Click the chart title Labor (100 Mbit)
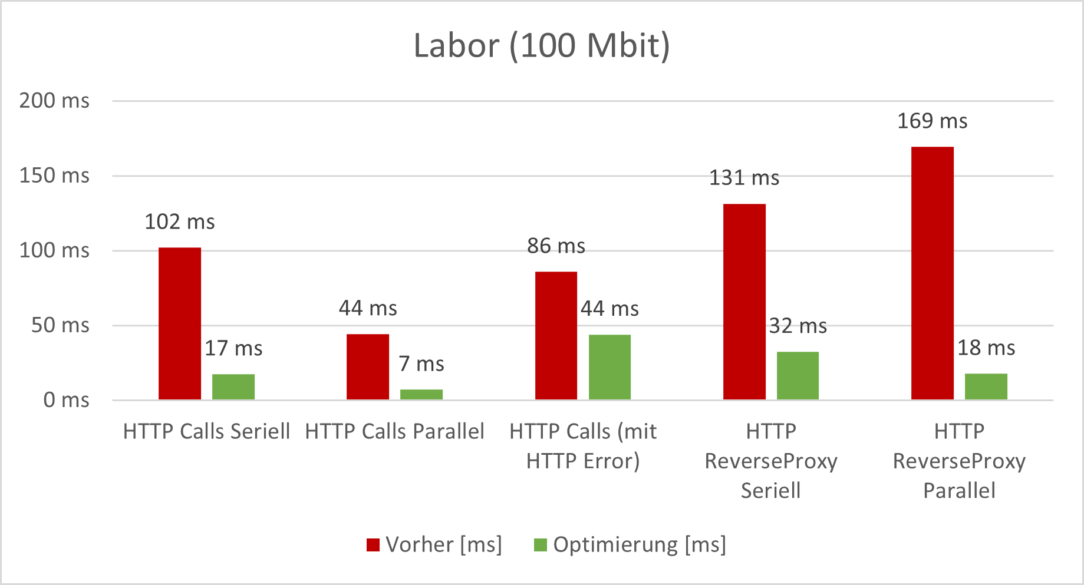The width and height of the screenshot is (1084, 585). (x=542, y=45)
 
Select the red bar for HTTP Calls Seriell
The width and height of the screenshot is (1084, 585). (x=180, y=323)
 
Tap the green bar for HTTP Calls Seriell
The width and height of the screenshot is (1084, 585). (x=233, y=386)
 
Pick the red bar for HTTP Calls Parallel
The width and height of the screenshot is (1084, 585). (x=368, y=366)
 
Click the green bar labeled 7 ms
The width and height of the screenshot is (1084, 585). (x=421, y=394)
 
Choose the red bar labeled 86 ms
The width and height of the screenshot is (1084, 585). (x=556, y=335)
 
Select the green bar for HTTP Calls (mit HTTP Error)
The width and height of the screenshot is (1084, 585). (x=609, y=366)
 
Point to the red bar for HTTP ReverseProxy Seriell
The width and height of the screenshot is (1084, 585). (x=744, y=302)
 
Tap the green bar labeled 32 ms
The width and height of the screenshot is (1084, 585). (x=798, y=375)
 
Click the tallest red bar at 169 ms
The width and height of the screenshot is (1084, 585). (x=933, y=273)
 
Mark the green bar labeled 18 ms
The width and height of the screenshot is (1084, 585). (x=986, y=386)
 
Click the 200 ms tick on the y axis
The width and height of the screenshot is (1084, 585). (x=54, y=101)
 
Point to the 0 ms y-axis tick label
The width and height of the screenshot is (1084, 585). (x=66, y=401)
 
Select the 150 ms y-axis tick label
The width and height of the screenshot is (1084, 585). (x=54, y=176)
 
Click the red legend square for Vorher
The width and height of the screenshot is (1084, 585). (x=373, y=545)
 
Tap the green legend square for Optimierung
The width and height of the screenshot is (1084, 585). (x=540, y=545)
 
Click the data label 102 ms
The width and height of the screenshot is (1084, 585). (x=180, y=222)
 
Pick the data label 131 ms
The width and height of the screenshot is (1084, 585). (x=744, y=178)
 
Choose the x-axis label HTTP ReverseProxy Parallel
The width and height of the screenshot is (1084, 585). (x=959, y=461)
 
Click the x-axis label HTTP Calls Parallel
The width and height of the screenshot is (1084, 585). (x=394, y=432)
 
